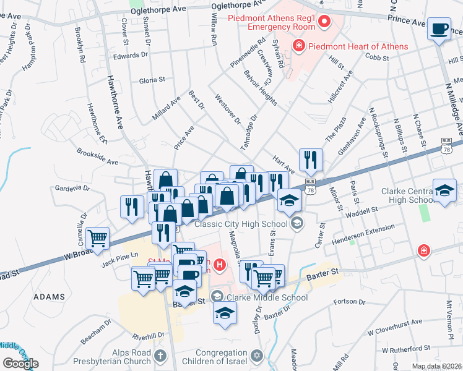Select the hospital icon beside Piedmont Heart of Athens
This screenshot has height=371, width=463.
[298, 46]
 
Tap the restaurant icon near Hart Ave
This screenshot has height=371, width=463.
[311, 160]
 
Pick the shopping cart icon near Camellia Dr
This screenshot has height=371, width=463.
[98, 237]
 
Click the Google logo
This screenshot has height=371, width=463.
[20, 364]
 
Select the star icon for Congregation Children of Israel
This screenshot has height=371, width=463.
[258, 356]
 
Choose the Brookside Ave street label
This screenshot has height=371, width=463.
[97, 156]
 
